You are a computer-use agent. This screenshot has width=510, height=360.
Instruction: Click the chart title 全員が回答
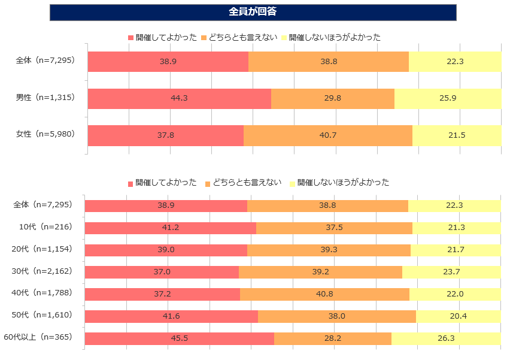pyautogui.click(x=253, y=12)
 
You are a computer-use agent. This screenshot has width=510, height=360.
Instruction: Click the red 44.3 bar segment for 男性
pyautogui.click(x=179, y=98)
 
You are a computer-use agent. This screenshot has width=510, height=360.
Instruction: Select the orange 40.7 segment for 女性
pyautogui.click(x=327, y=135)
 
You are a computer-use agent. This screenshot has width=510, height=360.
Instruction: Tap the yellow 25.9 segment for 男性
pyautogui.click(x=447, y=98)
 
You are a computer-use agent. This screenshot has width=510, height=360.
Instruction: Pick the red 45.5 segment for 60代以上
pyautogui.click(x=179, y=338)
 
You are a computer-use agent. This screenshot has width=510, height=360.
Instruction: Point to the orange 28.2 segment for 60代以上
pyautogui.click(x=332, y=338)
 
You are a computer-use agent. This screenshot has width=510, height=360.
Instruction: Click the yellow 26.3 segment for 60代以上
pyautogui.click(x=446, y=338)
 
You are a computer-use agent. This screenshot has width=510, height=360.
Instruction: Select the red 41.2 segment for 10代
pyautogui.click(x=170, y=228)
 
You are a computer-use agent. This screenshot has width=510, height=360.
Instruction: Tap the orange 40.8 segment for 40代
pyautogui.click(x=324, y=294)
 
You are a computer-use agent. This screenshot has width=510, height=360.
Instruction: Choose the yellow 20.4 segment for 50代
pyautogui.click(x=458, y=316)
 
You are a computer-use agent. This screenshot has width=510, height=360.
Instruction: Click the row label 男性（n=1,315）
pyautogui.click(x=45, y=98)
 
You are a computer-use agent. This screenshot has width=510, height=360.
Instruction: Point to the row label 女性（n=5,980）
pyautogui.click(x=45, y=135)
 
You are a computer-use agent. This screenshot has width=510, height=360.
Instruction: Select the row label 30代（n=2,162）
pyautogui.click(x=42, y=271)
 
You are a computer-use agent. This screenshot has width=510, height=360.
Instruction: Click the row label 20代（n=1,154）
pyautogui.click(x=42, y=249)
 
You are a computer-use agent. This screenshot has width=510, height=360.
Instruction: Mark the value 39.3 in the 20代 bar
pyautogui.click(x=329, y=250)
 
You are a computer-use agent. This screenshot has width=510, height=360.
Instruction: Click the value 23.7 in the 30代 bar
pyautogui.click(x=451, y=272)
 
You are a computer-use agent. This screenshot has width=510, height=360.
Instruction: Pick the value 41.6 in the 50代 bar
pyautogui.click(x=171, y=316)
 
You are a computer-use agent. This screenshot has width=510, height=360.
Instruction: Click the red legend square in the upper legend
pyautogui.click(x=131, y=38)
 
